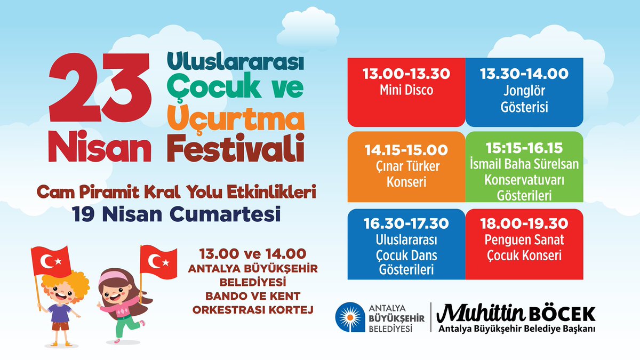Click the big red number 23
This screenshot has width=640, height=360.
pyautogui.click(x=100, y=87)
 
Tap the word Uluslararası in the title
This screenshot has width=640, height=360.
pyautogui.click(x=235, y=61)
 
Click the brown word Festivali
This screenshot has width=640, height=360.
pyautogui.click(x=236, y=148)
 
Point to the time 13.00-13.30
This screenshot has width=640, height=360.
pyautogui.click(x=406, y=74)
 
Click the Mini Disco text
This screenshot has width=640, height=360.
pyautogui.click(x=406, y=90)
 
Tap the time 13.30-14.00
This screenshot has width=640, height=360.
pyautogui.click(x=524, y=74)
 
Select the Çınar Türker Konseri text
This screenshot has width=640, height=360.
pyautogui.click(x=407, y=174)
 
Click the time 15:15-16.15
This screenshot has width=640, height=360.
pyautogui.click(x=524, y=148)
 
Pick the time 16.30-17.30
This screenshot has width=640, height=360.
pyautogui.click(x=406, y=223)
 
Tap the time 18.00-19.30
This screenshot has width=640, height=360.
pyautogui.click(x=524, y=223)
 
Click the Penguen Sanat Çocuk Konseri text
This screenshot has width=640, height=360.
pyautogui.click(x=524, y=247)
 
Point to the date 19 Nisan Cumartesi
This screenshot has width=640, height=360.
pyautogui.click(x=176, y=214)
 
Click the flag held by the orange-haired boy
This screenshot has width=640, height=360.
pyautogui.click(x=51, y=261)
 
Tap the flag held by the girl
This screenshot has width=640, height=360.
pyautogui.click(x=158, y=262)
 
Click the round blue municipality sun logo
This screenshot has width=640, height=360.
pyautogui.click(x=350, y=317)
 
